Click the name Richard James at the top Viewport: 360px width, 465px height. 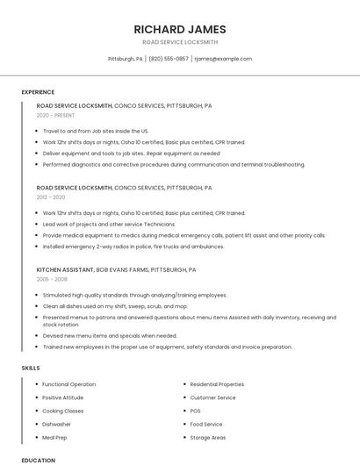click(180, 29)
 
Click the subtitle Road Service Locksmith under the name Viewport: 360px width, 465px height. click(180, 42)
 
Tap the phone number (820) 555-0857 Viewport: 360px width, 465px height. click(169, 59)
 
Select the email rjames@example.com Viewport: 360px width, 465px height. click(223, 59)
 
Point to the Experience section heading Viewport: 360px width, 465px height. click(38, 92)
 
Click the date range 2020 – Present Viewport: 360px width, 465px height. click(55, 115)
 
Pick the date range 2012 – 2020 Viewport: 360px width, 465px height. click(51, 197)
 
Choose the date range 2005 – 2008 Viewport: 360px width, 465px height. click(52, 279)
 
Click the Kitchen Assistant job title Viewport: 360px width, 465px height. click(65, 269)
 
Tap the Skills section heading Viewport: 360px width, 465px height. click(31, 368)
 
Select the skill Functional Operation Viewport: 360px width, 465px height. click(68, 384)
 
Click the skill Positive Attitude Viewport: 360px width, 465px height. click(63, 397)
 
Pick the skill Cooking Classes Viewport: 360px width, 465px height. click(62, 411)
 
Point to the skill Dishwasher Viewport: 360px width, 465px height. click(57, 424)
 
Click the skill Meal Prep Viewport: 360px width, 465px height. click(54, 437)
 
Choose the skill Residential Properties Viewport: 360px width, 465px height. click(217, 384)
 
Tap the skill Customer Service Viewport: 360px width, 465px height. click(212, 397)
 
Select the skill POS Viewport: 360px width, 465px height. click(195, 411)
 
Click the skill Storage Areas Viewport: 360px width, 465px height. click(207, 437)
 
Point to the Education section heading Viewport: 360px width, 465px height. click(38, 460)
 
